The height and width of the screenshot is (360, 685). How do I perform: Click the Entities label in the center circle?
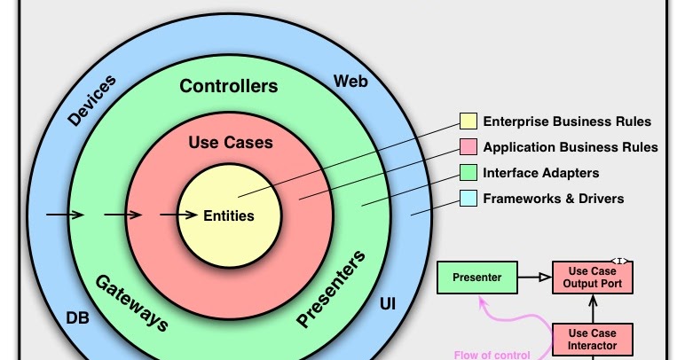[x=229, y=215]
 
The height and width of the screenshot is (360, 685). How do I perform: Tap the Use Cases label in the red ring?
[x=231, y=142]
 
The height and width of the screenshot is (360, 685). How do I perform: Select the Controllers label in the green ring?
[x=229, y=86]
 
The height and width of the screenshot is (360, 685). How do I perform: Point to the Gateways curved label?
[x=131, y=301]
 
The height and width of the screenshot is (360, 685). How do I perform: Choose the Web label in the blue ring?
[x=350, y=82]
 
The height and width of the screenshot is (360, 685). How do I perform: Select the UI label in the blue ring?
[x=388, y=304]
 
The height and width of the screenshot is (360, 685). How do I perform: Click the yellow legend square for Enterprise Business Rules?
[x=468, y=121]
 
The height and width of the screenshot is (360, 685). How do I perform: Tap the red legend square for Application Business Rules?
[x=468, y=147]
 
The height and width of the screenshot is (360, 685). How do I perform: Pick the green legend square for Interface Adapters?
[x=468, y=173]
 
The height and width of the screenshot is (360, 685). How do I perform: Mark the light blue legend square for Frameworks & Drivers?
[x=468, y=199]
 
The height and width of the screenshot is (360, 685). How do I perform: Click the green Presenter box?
[x=476, y=278]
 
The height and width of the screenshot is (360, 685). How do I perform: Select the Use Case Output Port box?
[x=594, y=278]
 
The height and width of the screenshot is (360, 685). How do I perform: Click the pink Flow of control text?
[x=492, y=355]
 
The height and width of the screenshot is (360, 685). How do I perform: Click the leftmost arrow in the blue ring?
[x=65, y=215]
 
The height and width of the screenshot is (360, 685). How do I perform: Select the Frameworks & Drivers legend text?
[x=553, y=199]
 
